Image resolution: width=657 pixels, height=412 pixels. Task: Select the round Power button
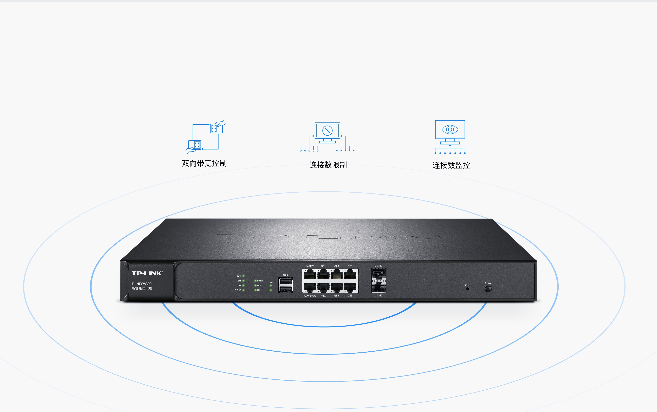coord(488,289)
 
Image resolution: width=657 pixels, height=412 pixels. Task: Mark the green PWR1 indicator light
coord(243,276)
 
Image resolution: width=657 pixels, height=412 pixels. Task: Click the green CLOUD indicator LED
coord(243,290)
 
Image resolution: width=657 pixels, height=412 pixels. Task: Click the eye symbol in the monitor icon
coord(450,129)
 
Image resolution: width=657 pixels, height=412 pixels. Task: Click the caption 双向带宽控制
coord(204,164)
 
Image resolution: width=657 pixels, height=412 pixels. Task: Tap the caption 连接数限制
coord(328,165)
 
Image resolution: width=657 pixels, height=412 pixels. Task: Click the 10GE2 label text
coord(379,296)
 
